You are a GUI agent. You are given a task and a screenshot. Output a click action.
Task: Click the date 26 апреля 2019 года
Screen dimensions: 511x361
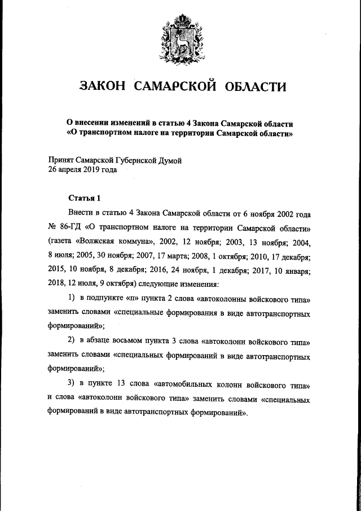click(x=83, y=169)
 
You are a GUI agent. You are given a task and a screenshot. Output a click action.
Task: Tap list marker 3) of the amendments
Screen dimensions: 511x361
click(x=72, y=385)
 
